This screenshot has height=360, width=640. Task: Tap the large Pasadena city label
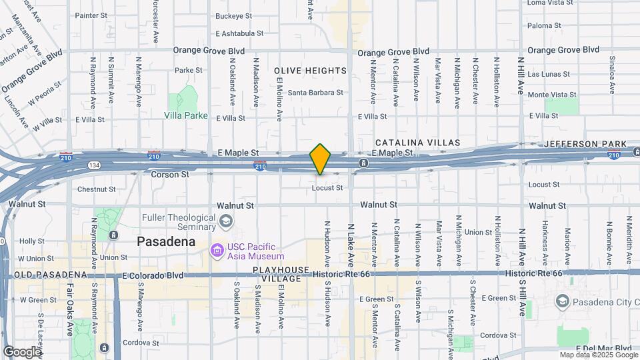tap(166, 241)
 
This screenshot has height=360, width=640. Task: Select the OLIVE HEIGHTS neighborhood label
tap(310, 71)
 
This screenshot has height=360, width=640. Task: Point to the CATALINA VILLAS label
tap(417, 143)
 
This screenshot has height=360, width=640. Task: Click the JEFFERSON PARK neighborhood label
tap(585, 144)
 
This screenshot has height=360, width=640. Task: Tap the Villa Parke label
tap(186, 115)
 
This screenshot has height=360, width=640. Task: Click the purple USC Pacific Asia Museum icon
tap(217, 251)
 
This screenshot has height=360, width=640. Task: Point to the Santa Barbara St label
tap(315, 93)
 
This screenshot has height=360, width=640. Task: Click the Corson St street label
tap(170, 174)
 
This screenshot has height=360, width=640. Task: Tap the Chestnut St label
tap(96, 189)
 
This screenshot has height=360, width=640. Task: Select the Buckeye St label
tap(234, 15)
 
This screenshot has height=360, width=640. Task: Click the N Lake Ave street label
tap(351, 243)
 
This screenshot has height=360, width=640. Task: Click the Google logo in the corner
tap(22, 351)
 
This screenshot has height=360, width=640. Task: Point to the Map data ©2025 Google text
tap(598, 355)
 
